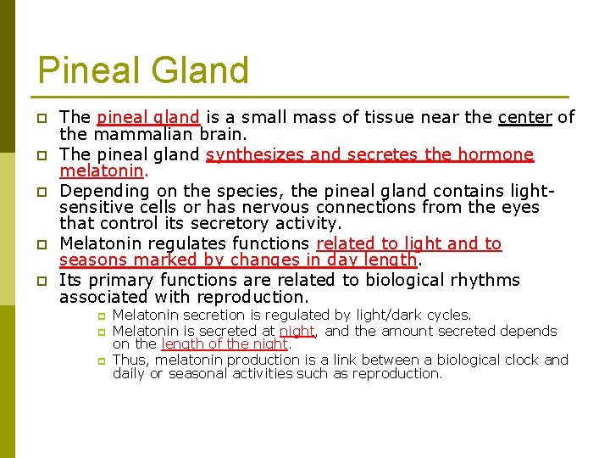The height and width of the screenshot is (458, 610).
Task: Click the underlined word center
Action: (x=525, y=117)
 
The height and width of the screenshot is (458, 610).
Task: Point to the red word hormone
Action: (x=496, y=154)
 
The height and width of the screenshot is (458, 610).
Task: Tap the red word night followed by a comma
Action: (x=297, y=331)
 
